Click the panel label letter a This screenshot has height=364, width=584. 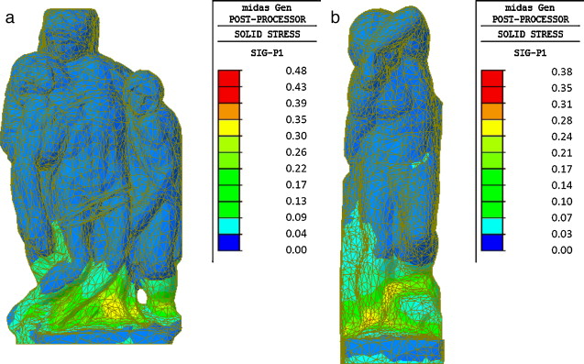click(10, 17)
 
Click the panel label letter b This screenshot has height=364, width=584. click(336, 17)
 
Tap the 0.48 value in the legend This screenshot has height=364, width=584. click(296, 71)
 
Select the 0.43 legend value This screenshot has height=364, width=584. click(296, 87)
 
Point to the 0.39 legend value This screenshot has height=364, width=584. click(296, 104)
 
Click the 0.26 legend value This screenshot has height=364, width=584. click(296, 152)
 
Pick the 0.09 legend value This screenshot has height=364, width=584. click(296, 217)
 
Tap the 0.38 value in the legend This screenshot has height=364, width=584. click(562, 72)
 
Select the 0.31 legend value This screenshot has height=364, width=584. click(562, 104)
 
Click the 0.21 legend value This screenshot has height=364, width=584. click(562, 153)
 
